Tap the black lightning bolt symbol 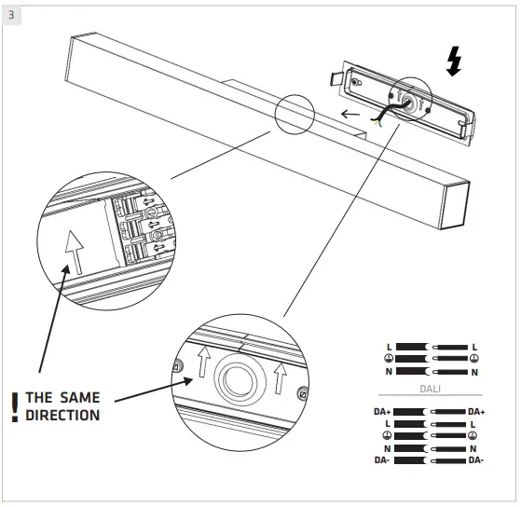(454, 61)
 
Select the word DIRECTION (62, 415)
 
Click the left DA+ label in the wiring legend (383, 411)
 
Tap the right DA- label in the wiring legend (475, 459)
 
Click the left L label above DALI (389, 347)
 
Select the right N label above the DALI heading (473, 372)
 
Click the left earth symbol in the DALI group (388, 435)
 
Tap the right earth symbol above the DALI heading (473, 359)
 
